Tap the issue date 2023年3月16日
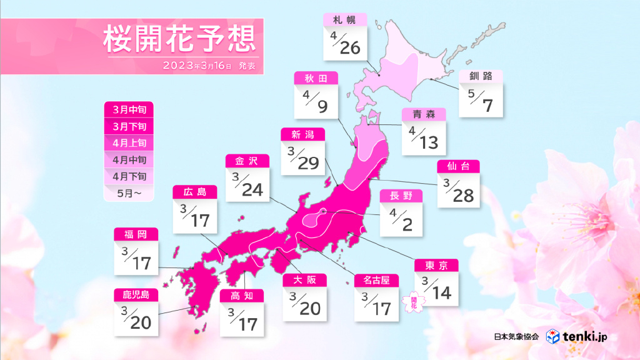pyautogui.click(x=197, y=65)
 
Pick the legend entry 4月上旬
pyautogui.click(x=128, y=143)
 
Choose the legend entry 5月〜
pyautogui.click(x=128, y=192)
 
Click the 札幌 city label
pyautogui.click(x=344, y=20)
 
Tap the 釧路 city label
pyautogui.click(x=480, y=76)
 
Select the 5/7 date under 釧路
pyautogui.click(x=480, y=102)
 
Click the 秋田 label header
pyautogui.click(x=316, y=77)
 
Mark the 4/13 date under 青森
pyautogui.click(x=424, y=139)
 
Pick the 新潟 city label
pyautogui.click(x=302, y=134)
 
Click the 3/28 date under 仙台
pyautogui.click(x=458, y=191)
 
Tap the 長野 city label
pyautogui.click(x=401, y=196)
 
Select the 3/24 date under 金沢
pyautogui.click(x=247, y=186)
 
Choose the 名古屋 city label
pyautogui.click(x=376, y=281)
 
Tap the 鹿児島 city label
pyautogui.click(x=136, y=294)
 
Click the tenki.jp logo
pyautogui.click(x=576, y=337)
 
